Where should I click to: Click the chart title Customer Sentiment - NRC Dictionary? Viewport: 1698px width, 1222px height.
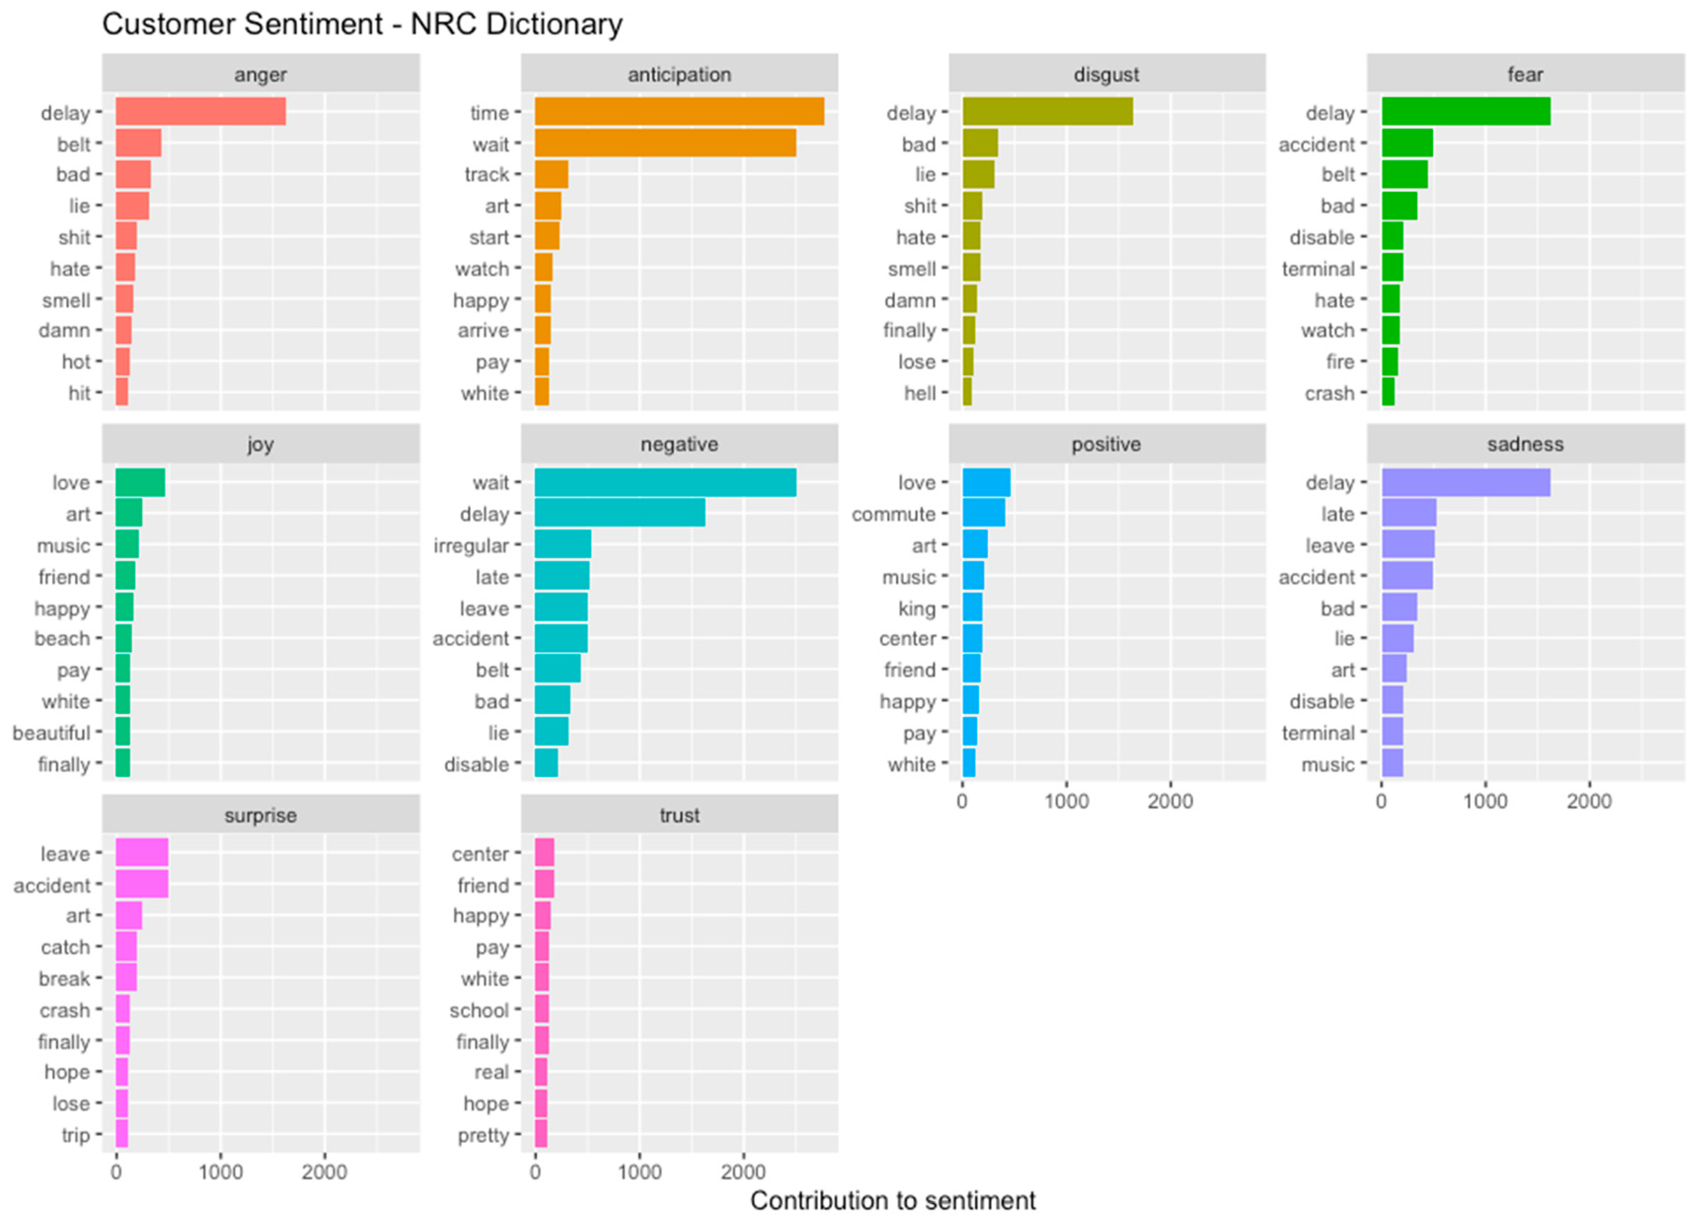point(362,24)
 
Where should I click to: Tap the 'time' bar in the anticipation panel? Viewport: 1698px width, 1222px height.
point(679,111)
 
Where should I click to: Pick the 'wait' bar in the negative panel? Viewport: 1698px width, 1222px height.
point(665,483)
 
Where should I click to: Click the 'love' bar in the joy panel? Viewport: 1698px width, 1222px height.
point(140,483)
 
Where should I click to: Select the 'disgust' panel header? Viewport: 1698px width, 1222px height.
point(1106,74)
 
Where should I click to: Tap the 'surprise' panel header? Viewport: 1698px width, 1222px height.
point(261,815)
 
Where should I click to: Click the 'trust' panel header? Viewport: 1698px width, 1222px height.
point(679,815)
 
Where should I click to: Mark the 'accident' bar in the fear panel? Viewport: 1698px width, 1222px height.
point(1407,143)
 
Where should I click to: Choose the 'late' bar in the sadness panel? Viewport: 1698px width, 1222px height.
point(1408,513)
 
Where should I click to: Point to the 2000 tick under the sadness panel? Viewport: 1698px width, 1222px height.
point(1588,801)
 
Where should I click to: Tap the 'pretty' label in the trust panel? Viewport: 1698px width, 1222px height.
point(483,1135)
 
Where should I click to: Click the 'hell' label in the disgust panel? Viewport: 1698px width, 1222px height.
point(920,393)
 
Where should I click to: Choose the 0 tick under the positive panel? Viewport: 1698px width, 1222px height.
point(962,801)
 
